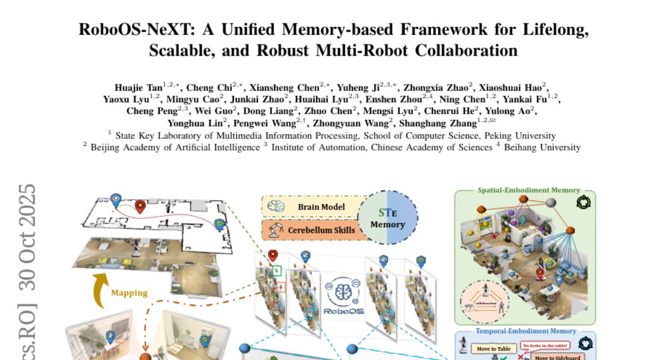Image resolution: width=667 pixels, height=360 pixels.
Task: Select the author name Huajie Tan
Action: click(138, 87)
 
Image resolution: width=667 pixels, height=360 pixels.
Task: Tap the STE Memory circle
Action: click(387, 218)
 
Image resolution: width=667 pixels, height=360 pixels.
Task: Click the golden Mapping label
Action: click(129, 293)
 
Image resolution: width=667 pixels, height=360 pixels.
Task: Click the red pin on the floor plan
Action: click(140, 207)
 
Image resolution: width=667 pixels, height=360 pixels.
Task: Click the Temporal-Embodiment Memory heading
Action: click(525, 332)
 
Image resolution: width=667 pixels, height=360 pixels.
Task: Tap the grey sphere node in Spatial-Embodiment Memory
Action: click(550, 203)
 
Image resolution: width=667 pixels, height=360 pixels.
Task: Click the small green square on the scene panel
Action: click(277, 271)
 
